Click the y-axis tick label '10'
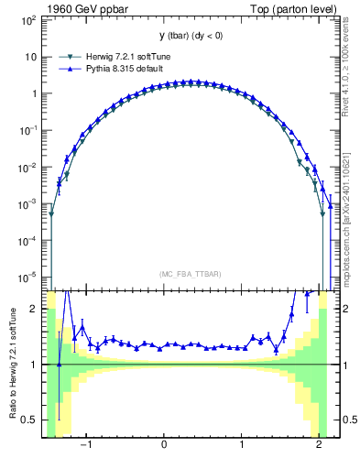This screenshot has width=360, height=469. (31, 56)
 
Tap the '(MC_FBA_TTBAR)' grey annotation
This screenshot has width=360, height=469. (190, 274)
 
